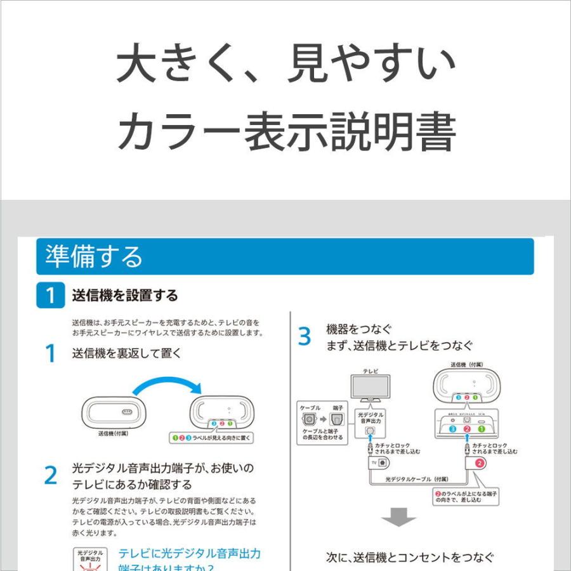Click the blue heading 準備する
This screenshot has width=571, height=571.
[94, 257]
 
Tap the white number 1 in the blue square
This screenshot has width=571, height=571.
[51, 296]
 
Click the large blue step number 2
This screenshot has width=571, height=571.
[51, 476]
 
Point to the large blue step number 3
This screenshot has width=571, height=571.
[305, 337]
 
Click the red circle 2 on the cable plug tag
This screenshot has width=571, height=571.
[480, 464]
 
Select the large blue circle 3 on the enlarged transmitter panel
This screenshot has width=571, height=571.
[452, 429]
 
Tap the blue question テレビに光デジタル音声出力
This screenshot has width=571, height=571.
[190, 553]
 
